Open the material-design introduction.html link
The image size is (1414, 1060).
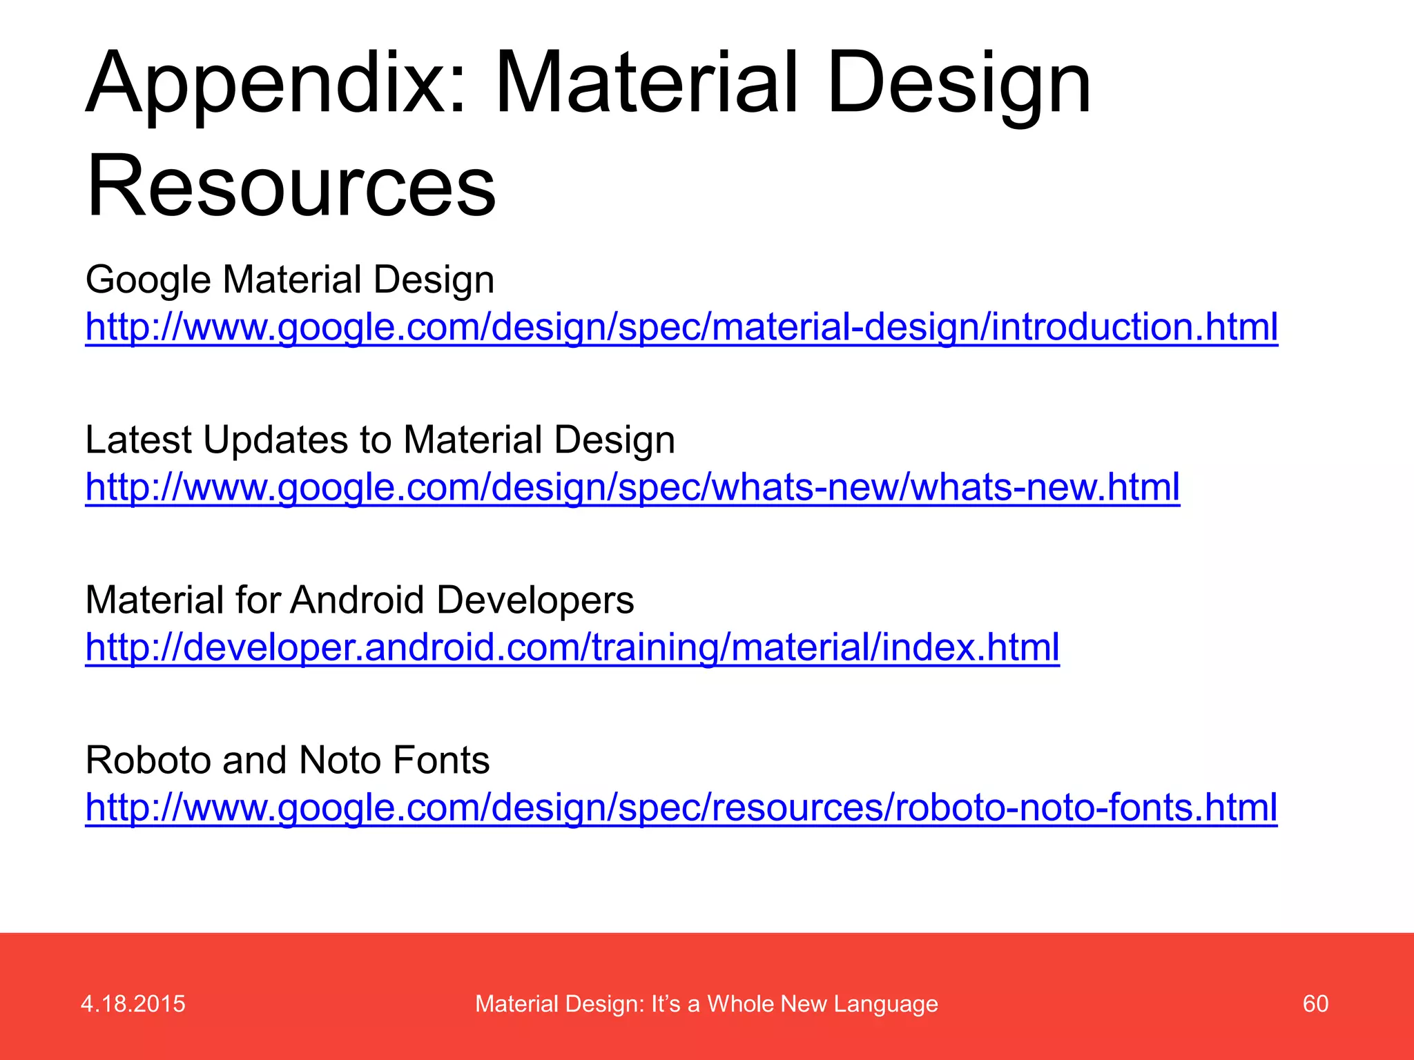click(x=681, y=327)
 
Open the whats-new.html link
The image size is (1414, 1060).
click(x=632, y=487)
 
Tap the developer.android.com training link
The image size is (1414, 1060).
click(x=572, y=647)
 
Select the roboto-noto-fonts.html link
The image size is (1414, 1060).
click(x=681, y=807)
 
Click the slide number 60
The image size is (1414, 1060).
click(x=1315, y=1003)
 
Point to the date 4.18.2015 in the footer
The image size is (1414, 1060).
click(x=133, y=1003)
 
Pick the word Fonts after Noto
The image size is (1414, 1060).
click(x=441, y=760)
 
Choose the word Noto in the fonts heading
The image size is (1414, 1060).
click(x=338, y=760)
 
